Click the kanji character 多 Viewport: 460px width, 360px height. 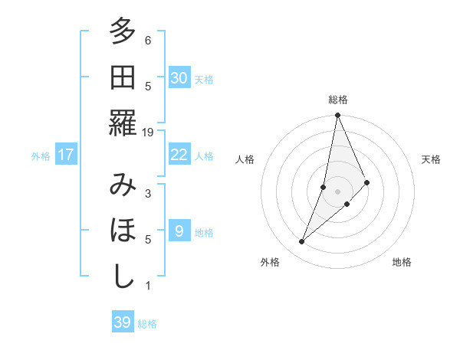coord(123,32)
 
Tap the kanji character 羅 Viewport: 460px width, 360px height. coord(123,123)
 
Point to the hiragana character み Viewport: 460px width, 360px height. coord(123,185)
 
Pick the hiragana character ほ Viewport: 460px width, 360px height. coord(123,231)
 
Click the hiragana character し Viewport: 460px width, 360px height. coord(123,277)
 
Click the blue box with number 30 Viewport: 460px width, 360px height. coord(179,77)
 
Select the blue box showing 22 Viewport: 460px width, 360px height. coord(179,155)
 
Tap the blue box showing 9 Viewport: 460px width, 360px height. coord(179,231)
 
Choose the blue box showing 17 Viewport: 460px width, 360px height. coord(66,155)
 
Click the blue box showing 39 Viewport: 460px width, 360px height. coord(123,322)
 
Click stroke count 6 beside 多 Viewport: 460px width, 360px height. coord(148,41)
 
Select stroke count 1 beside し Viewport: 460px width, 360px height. coord(148,286)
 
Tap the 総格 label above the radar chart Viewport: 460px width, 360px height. coord(338,100)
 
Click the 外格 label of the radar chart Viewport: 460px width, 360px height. coord(270,262)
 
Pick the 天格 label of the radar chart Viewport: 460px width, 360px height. coord(432,159)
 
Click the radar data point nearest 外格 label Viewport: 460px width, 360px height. coord(302,242)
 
